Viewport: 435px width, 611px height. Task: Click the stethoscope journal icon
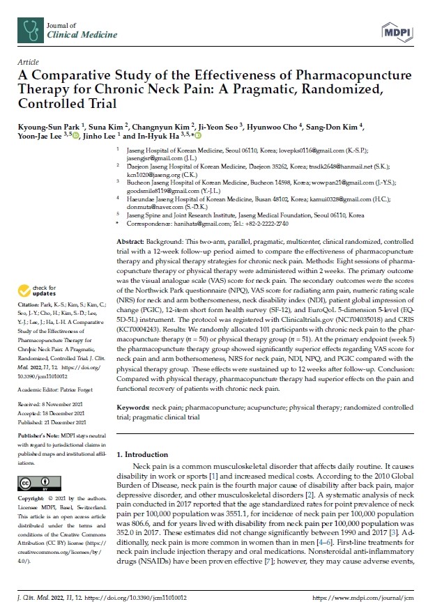29,28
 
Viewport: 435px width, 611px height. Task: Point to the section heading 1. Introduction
142,454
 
